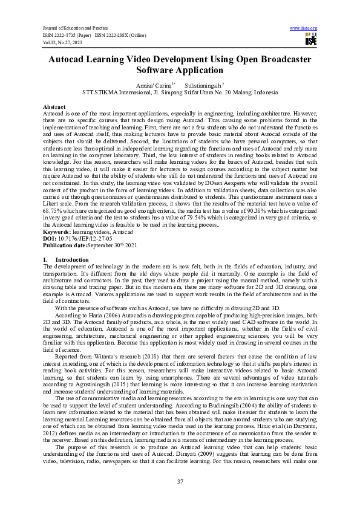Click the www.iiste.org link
click(x=304, y=28)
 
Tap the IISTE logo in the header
click(x=311, y=40)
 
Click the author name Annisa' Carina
click(x=155, y=86)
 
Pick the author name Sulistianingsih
click(x=204, y=86)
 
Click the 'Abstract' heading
click(x=54, y=106)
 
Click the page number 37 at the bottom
click(x=180, y=481)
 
